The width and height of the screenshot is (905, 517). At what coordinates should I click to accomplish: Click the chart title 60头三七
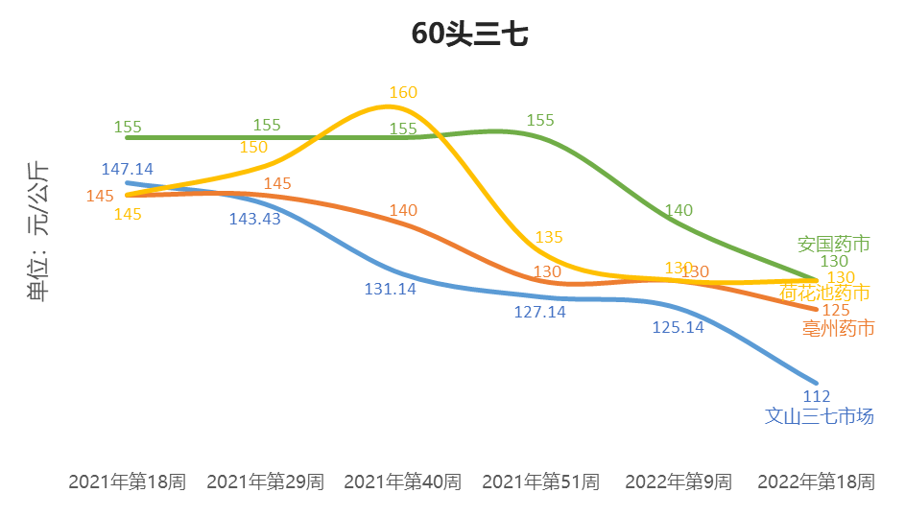point(469,35)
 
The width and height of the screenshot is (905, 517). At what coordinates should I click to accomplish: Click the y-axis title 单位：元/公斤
point(38,231)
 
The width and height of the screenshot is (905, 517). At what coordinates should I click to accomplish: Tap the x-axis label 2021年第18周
point(127,482)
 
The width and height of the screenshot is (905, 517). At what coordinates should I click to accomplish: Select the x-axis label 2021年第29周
point(265,482)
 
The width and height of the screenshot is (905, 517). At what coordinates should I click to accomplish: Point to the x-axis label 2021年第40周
point(402,482)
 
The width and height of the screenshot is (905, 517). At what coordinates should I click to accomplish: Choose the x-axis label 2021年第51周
point(540,482)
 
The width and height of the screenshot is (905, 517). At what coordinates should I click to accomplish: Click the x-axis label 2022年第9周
point(678,482)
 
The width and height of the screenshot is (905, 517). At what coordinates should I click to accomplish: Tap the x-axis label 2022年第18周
point(816,482)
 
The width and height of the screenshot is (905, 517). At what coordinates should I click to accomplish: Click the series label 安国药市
point(833,244)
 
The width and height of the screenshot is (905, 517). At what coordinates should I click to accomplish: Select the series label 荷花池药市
point(825,293)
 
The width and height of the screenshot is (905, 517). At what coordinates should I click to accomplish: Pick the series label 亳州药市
point(838,329)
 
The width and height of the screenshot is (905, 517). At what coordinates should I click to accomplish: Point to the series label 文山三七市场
point(819,416)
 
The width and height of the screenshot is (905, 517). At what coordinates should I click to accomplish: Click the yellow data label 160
point(403,93)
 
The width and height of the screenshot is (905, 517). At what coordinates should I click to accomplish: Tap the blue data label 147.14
point(127,170)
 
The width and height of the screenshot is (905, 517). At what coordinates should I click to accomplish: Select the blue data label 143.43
point(254,219)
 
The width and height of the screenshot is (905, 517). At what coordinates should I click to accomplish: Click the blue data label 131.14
point(390,289)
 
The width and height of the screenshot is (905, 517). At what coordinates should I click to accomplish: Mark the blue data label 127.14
point(540,312)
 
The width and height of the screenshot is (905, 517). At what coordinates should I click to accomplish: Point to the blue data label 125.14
point(678,327)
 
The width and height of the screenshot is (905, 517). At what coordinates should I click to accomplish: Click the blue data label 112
point(816,397)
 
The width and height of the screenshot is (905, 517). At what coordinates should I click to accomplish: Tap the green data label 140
point(679,210)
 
